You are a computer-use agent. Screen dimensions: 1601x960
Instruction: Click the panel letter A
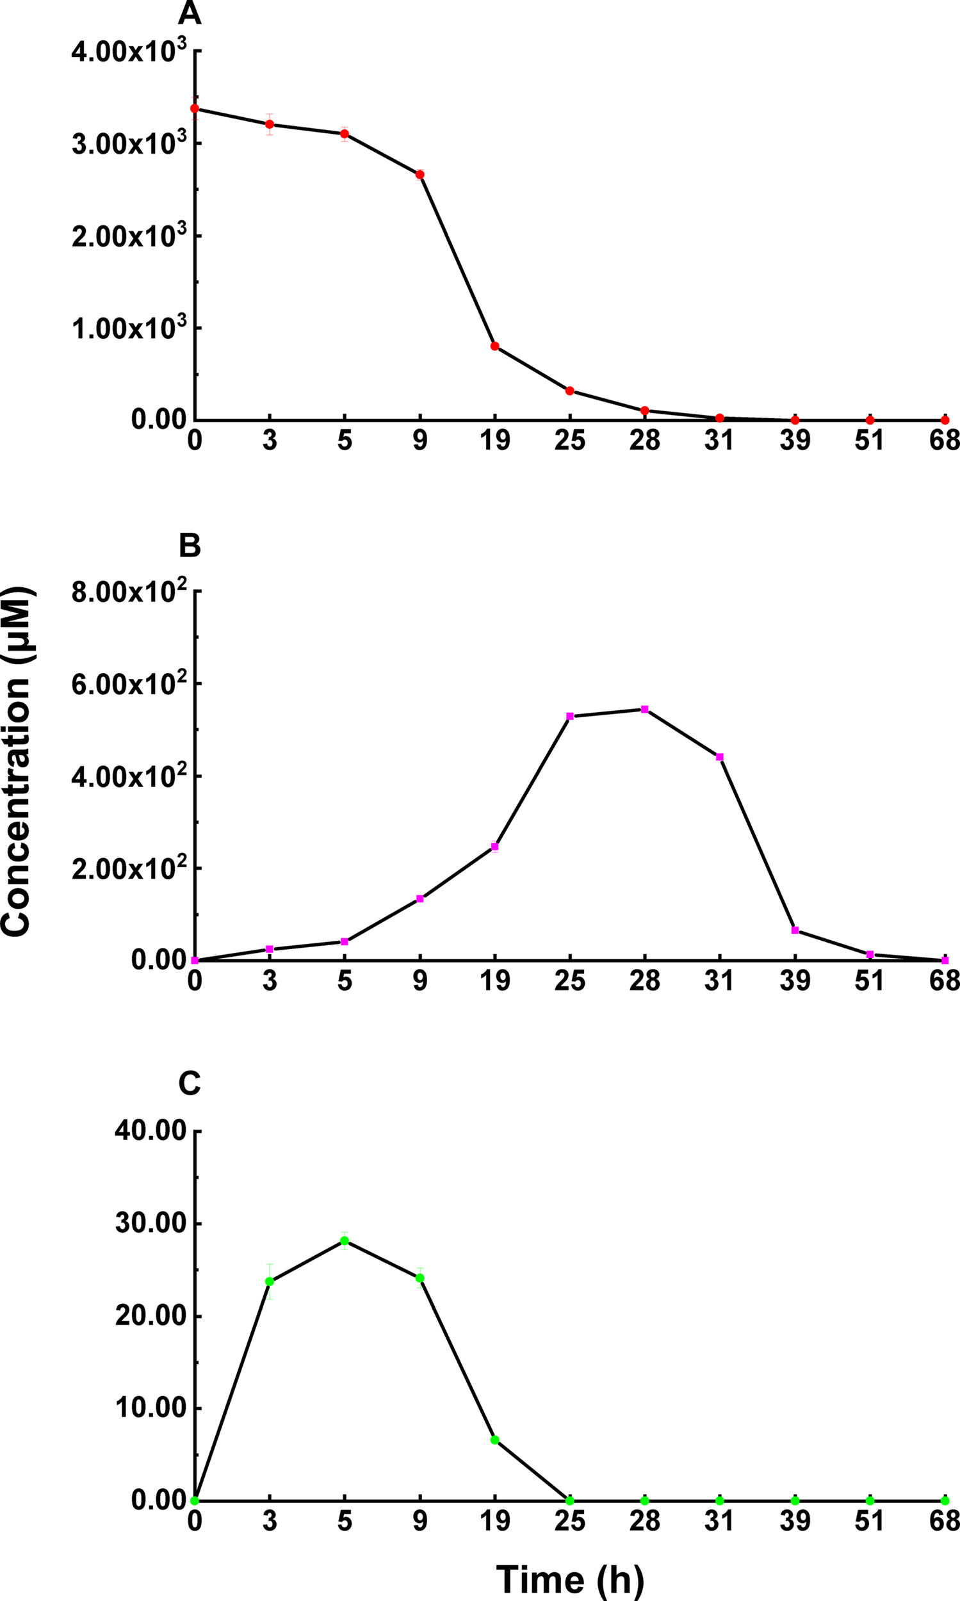click(x=190, y=13)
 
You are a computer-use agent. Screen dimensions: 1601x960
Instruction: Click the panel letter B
click(x=190, y=546)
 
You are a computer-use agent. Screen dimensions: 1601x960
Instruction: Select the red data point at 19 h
click(x=495, y=346)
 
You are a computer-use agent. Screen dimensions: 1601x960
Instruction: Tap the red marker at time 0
click(x=195, y=109)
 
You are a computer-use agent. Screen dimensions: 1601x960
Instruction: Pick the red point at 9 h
click(x=420, y=175)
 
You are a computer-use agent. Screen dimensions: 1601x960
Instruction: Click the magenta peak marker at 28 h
click(x=645, y=709)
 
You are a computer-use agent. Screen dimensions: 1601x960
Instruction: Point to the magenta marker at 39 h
click(x=795, y=931)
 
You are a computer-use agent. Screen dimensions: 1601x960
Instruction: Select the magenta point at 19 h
click(x=495, y=847)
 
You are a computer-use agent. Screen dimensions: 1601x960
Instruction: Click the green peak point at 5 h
click(x=345, y=1240)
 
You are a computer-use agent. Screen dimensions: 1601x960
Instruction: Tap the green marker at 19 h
click(x=495, y=1440)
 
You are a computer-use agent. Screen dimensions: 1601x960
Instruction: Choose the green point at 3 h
click(x=270, y=1281)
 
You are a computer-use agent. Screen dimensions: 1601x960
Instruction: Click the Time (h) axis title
click(x=570, y=1577)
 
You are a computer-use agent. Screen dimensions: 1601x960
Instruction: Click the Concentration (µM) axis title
click(x=17, y=761)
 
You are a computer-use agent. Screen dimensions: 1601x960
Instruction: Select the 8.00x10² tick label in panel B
click(x=129, y=591)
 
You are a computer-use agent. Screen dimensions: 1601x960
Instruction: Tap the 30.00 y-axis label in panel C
click(x=150, y=1224)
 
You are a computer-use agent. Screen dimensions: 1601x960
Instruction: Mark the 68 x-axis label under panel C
click(x=944, y=1522)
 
